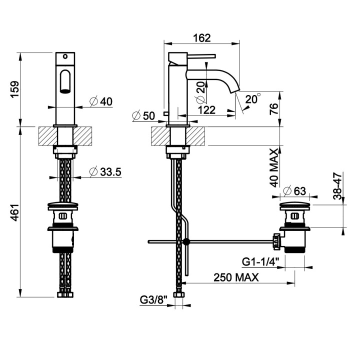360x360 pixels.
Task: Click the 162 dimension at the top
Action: point(201,38)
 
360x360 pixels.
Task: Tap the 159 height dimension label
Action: point(15,89)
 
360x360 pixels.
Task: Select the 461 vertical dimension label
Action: point(15,212)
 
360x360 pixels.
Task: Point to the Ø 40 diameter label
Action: point(101,101)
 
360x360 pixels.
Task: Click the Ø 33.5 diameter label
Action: point(105,171)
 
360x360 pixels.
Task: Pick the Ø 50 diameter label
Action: point(143,115)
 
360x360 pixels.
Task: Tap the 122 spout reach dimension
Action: point(206,110)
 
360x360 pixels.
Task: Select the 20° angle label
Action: point(253,98)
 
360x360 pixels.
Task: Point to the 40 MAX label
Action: point(274,168)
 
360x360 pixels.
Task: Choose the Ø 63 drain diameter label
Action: point(295,191)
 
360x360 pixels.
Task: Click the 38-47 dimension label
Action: point(337,186)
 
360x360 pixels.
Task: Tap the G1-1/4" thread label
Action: point(260,261)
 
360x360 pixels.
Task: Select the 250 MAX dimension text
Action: point(236,277)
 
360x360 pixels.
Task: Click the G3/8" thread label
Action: point(153,300)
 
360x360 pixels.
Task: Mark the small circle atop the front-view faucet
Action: point(65,56)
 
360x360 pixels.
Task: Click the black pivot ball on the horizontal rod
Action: point(186,241)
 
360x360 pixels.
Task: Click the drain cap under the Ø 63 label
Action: point(295,205)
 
